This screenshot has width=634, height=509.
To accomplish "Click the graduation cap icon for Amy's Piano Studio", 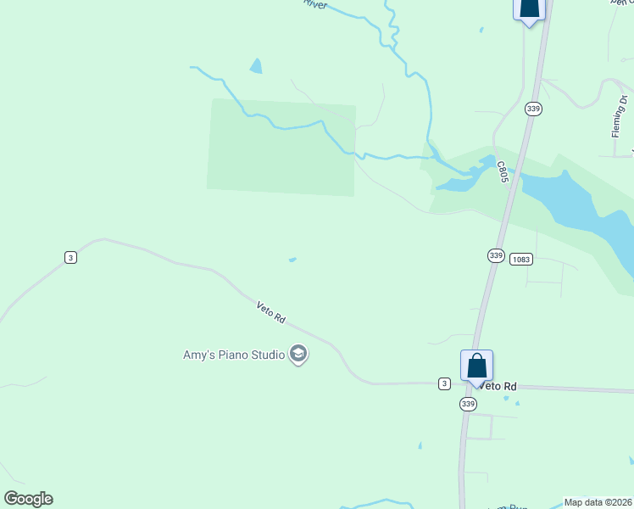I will coord(298,354).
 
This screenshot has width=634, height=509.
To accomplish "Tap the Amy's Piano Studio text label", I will coord(234,355).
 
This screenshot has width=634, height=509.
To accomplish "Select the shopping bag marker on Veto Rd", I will coord(476,366).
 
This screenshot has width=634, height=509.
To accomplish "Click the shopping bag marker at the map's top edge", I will coord(528,8).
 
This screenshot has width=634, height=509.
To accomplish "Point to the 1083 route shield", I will coord(521,259).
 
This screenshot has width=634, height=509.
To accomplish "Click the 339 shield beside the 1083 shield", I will coord(496,255).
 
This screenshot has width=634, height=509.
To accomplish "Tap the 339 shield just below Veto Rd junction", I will coord(469,404).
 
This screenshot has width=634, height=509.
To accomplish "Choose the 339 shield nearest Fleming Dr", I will coord(532,109).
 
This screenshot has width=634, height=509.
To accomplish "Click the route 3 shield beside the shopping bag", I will coord(444,383).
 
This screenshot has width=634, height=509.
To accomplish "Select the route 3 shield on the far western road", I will coord(70,257).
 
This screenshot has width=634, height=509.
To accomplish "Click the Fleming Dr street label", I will coord(618,119).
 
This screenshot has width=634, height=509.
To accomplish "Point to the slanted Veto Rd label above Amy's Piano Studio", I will coord(271,313).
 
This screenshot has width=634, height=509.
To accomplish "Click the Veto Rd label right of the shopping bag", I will coord(498,386).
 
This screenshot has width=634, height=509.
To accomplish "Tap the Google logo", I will coord(28,499).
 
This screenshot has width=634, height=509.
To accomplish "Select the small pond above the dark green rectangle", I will coord(256,65).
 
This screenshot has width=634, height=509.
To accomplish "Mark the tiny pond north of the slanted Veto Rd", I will coord(292,260).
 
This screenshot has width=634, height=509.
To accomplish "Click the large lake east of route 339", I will coord(576,204).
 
